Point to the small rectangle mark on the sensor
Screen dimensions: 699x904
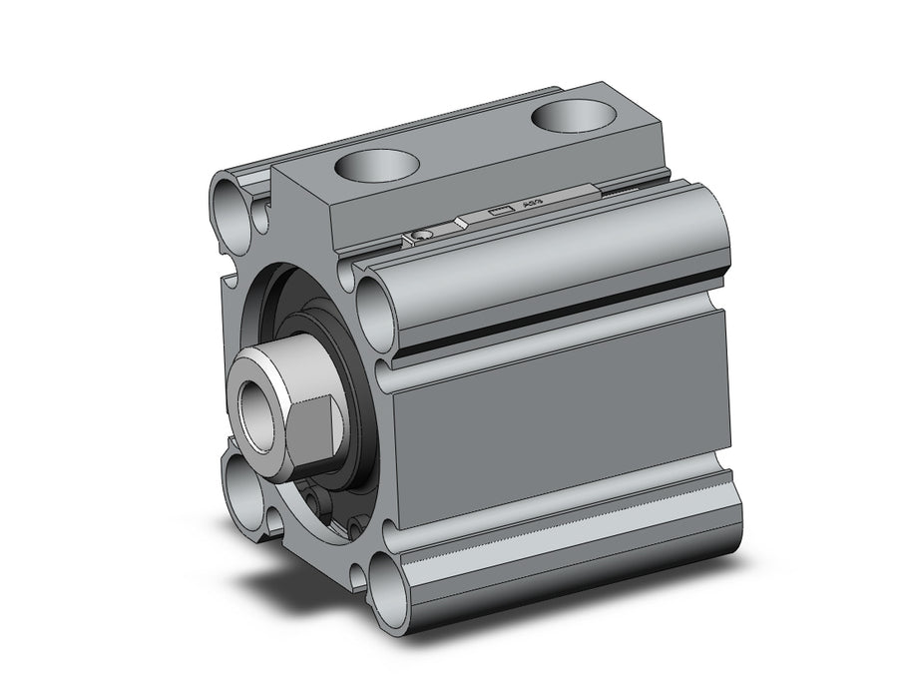(x=501, y=211)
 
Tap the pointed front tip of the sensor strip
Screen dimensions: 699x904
(x=457, y=221)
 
